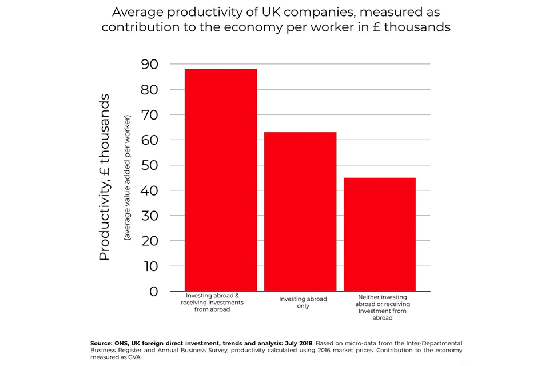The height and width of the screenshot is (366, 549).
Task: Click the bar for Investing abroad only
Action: click(x=300, y=212)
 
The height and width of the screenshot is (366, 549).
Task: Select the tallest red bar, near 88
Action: click(x=221, y=180)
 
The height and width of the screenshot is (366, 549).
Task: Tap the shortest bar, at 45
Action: click(x=379, y=234)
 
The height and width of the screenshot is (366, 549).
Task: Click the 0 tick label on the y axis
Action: click(x=153, y=291)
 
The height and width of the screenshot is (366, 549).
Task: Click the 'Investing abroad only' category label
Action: click(x=303, y=303)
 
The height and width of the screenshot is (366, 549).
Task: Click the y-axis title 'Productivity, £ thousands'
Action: click(x=104, y=177)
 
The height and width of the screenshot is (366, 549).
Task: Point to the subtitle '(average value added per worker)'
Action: click(x=128, y=177)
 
